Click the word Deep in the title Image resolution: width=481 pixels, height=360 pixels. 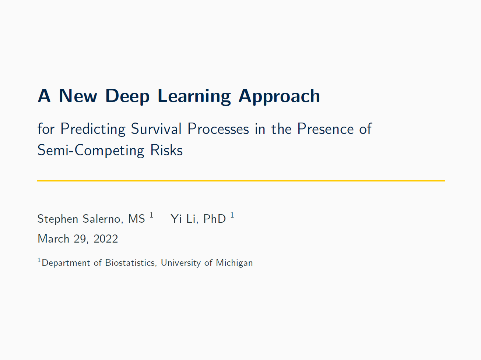coord(127,96)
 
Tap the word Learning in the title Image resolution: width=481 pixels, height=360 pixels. coord(194,96)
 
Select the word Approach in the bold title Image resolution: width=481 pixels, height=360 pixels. coord(280,96)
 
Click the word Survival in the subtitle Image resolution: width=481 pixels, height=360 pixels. coord(156,129)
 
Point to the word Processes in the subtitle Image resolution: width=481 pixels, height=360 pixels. coord(218,129)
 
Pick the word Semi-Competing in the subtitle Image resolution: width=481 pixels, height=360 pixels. coord(91,150)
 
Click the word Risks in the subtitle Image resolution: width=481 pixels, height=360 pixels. coord(166,150)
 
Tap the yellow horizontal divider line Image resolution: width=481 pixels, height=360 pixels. coord(241,181)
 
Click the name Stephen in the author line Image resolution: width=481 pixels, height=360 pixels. coord(58,219)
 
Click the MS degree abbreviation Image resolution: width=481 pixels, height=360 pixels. coord(137,219)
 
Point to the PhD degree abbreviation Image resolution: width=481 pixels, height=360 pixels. coord(214,219)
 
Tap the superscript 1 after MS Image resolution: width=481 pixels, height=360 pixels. coord(151,215)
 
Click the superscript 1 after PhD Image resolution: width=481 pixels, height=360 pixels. coord(232,215)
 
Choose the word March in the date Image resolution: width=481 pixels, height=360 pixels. coord(53,239)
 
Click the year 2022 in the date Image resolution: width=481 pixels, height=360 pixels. coord(106,239)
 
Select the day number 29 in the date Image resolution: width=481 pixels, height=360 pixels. coord(80,239)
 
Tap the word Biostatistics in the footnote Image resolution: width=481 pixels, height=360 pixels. coord(130,263)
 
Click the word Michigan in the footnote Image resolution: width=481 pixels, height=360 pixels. coord(234,263)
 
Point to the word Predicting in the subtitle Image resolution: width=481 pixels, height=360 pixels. coord(93,129)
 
